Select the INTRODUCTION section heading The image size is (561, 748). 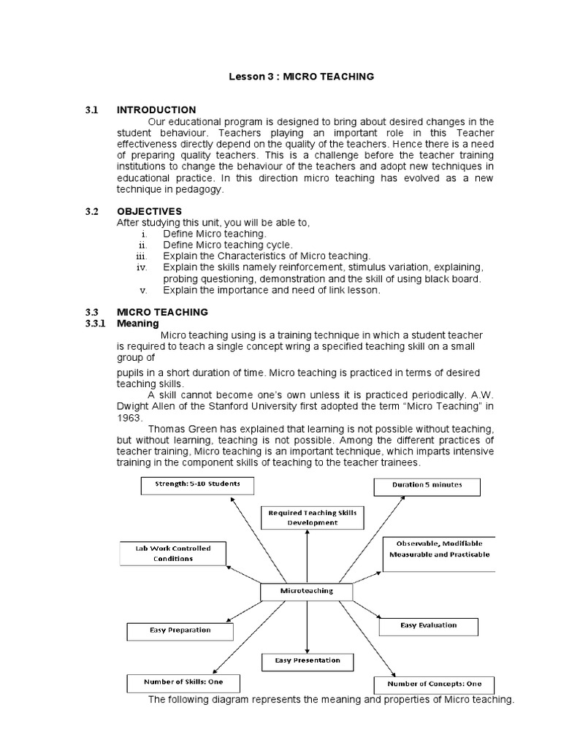click(156, 110)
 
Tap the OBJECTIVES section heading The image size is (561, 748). click(149, 211)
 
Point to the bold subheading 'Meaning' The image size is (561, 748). click(138, 323)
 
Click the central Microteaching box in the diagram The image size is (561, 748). click(307, 590)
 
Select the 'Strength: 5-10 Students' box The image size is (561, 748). click(186, 484)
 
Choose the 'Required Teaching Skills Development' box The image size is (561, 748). click(312, 518)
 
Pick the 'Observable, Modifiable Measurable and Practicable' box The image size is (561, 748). click(438, 549)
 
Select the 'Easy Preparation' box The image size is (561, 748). click(180, 630)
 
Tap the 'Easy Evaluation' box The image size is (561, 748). click(428, 626)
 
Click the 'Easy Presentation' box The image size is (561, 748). click(308, 661)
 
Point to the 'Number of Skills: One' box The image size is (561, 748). click(183, 682)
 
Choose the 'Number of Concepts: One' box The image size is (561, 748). click(434, 684)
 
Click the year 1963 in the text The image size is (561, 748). click(129, 417)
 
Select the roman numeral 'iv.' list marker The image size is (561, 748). click(142, 267)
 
